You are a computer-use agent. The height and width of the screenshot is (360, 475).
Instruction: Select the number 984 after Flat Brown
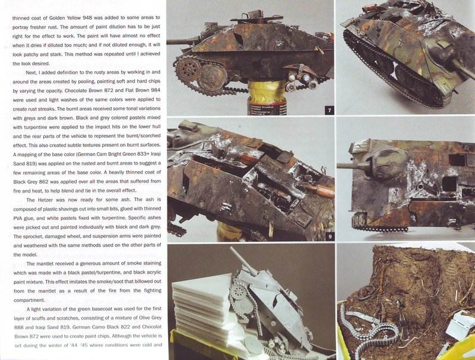click(x=156, y=90)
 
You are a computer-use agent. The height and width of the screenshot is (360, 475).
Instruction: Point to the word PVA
click(x=18, y=218)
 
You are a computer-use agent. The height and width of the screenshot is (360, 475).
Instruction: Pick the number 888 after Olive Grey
click(x=19, y=327)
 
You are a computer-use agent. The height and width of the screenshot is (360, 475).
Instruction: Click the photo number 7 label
click(x=330, y=110)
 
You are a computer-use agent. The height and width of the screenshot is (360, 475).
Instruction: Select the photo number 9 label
click(x=330, y=236)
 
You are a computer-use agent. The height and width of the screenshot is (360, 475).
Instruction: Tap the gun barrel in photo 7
click(x=181, y=42)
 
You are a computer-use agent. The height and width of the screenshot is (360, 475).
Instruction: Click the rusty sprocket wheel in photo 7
click(x=186, y=71)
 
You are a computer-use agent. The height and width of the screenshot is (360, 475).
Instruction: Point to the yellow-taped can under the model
click(x=267, y=97)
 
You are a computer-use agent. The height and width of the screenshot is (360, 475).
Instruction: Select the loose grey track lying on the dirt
click(x=369, y=331)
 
